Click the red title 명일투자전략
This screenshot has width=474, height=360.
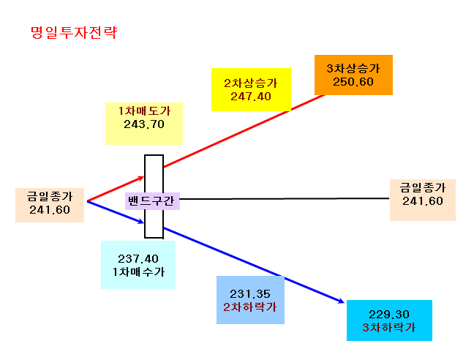(x=74, y=32)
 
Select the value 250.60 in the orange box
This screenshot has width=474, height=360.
(x=353, y=82)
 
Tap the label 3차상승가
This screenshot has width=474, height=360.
(x=353, y=68)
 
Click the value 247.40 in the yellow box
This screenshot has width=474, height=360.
(x=251, y=97)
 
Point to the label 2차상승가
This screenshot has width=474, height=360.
(x=251, y=83)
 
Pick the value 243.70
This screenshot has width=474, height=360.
(x=144, y=124)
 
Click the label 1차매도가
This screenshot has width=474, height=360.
(x=144, y=111)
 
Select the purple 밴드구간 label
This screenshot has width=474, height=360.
(x=152, y=201)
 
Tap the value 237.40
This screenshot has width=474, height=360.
(x=138, y=259)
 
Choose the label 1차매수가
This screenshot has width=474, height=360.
(x=138, y=272)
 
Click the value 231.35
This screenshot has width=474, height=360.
(x=250, y=294)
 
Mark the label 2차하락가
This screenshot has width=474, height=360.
(x=250, y=307)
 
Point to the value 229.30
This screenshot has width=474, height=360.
(x=389, y=315)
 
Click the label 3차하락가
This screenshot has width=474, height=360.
(x=389, y=327)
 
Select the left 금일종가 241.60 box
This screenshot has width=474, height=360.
(x=50, y=205)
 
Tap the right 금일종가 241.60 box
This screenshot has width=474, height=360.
(x=423, y=200)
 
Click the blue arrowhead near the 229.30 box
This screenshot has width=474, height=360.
(x=342, y=301)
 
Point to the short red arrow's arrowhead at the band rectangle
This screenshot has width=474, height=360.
(x=141, y=178)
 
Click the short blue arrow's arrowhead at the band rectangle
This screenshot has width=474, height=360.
(x=141, y=222)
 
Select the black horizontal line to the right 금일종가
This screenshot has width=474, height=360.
(x=285, y=199)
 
